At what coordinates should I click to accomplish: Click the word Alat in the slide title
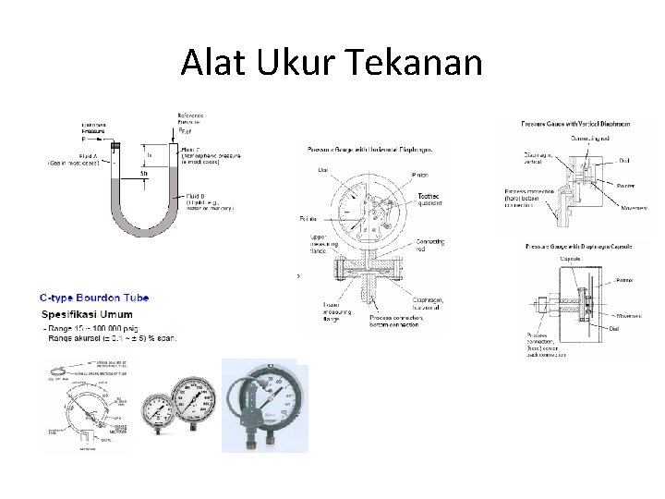[210, 63]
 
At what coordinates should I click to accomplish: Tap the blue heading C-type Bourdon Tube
[94, 298]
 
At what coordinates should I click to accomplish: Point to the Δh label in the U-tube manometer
[143, 173]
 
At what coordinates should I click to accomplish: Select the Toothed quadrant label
[431, 199]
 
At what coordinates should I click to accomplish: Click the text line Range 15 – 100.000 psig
[93, 330]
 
